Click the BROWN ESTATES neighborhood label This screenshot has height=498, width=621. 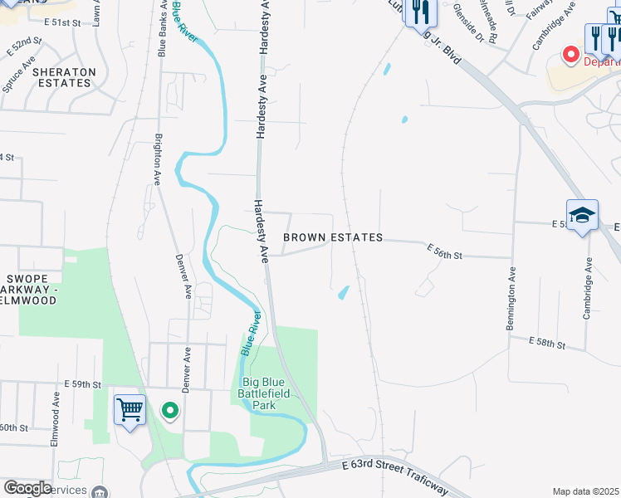[x=333, y=237]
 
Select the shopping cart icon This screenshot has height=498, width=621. [x=130, y=409]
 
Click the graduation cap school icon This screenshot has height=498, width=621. [x=582, y=215]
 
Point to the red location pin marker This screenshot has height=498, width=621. [x=570, y=55]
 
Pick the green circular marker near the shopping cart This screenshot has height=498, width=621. [x=170, y=410]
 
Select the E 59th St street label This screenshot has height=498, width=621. [x=82, y=385]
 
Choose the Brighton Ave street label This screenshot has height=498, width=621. [x=157, y=159]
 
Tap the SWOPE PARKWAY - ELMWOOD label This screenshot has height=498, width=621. [x=28, y=290]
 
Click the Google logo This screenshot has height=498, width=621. [x=27, y=487]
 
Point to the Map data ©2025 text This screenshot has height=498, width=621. [x=585, y=491]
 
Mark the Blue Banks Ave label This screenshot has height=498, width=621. [x=162, y=29]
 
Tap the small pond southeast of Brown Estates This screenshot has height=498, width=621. [x=342, y=292]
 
